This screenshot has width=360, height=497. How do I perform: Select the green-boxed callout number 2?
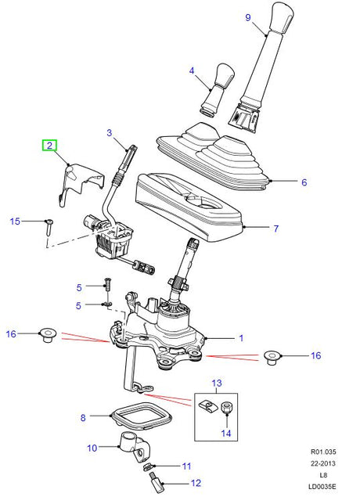[49, 145]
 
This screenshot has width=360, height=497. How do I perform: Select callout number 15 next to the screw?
[14, 221]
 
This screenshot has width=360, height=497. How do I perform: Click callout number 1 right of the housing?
[240, 338]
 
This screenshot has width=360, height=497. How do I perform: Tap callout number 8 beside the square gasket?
[83, 418]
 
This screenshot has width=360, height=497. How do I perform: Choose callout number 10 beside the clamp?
[91, 448]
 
